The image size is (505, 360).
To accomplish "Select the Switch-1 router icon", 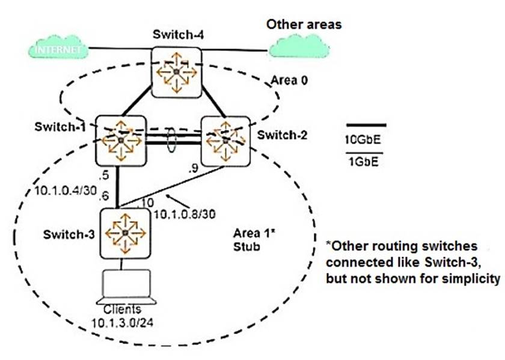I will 121,141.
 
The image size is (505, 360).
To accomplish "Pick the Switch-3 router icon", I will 123,233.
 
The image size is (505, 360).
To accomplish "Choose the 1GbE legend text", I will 364,162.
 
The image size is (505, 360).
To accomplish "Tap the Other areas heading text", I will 304,25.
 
